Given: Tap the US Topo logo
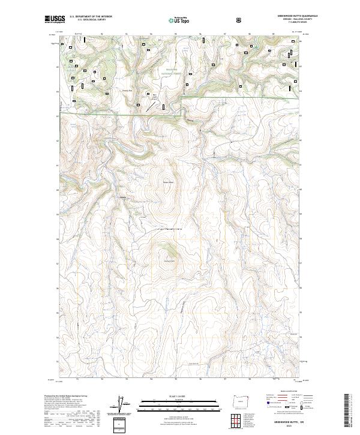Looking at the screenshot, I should point(176,20).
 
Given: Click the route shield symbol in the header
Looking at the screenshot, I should point(240,19).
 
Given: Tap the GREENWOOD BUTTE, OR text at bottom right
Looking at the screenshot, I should point(284,421).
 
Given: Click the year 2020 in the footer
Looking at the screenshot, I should point(284,425).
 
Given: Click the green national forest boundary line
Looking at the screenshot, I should point(120,113).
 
